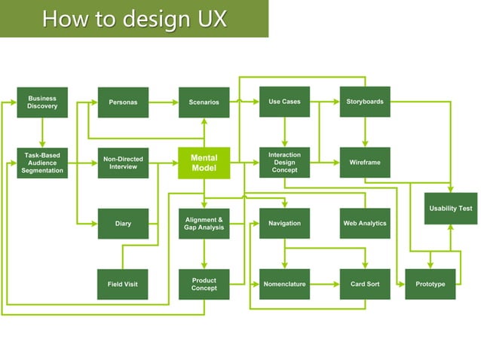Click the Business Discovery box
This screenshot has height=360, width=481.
pyautogui.click(x=42, y=102)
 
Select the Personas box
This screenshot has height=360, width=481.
pyautogui.click(x=123, y=102)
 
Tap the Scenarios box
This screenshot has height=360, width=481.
pyautogui.click(x=204, y=102)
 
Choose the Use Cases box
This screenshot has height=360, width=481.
pyautogui.click(x=284, y=102)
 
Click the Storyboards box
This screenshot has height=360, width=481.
pyautogui.click(x=365, y=102)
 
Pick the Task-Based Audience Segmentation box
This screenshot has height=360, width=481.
pyautogui.click(x=42, y=163)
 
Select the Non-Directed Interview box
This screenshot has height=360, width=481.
pyautogui.click(x=123, y=163)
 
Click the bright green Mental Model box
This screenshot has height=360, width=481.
pyautogui.click(x=204, y=163)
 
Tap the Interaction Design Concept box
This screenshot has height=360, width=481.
pyautogui.click(x=284, y=163)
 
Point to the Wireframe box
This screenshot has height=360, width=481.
pyautogui.click(x=365, y=163)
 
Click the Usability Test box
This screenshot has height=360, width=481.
pyautogui.click(x=451, y=209)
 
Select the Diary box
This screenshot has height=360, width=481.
pyautogui.click(x=123, y=224)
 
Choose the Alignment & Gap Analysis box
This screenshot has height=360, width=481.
pyautogui.click(x=204, y=224)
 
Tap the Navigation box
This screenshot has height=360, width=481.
pyautogui.click(x=284, y=224)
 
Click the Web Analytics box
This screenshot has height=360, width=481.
pyautogui.click(x=365, y=224)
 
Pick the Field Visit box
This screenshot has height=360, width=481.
pyautogui.click(x=123, y=284)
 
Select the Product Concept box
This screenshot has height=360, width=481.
pyautogui.click(x=204, y=284)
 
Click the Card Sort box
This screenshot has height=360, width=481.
pyautogui.click(x=365, y=284)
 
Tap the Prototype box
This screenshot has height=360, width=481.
pyautogui.click(x=430, y=284)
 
